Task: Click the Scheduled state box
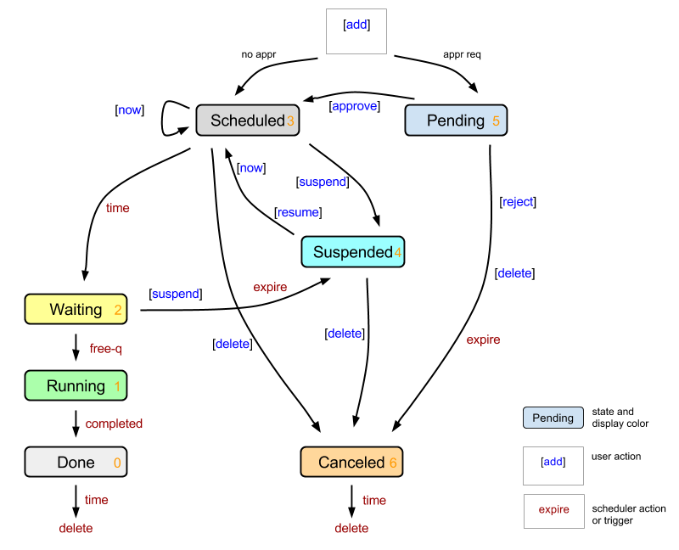point(247,121)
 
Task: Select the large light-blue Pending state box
point(455,121)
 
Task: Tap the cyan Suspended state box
point(352,252)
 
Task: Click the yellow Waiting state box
point(76,310)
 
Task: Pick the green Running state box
point(76,386)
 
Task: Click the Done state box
point(76,463)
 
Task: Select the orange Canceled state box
point(351,463)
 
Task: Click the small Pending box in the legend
point(553,418)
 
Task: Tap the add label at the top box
point(356,25)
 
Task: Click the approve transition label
point(354,106)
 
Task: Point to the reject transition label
point(518,202)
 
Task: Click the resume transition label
point(298,212)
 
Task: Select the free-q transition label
point(106,349)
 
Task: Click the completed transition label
point(114,424)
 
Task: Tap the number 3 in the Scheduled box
point(290,121)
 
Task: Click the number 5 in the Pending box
point(496,121)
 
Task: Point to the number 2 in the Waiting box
point(118,311)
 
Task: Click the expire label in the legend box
point(553,510)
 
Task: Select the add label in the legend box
point(553,463)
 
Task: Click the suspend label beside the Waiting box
point(175,295)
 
